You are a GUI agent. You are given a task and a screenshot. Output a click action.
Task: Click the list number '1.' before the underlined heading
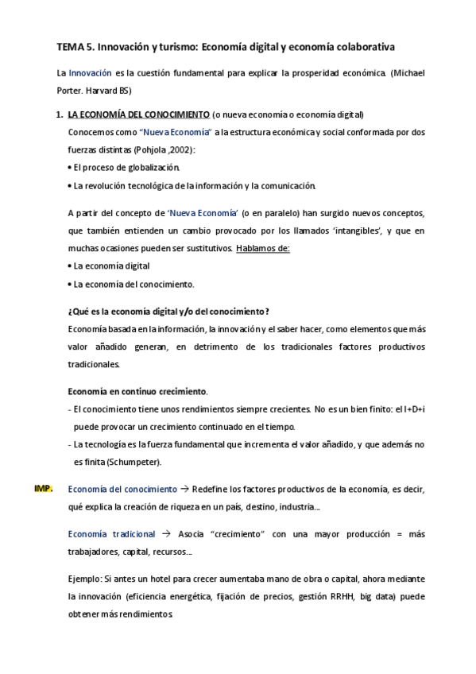[60, 114]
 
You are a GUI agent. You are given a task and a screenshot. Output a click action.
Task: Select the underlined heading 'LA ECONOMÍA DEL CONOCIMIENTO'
[139, 114]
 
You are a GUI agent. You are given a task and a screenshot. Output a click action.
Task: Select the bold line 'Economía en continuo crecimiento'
[137, 391]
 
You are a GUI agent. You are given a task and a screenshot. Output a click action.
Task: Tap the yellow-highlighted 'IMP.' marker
[44, 489]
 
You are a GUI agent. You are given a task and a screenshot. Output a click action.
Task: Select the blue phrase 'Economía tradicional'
[112, 533]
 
